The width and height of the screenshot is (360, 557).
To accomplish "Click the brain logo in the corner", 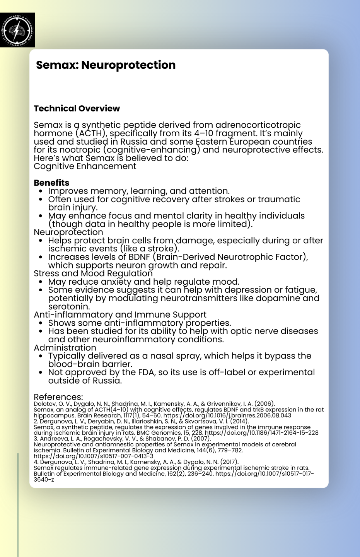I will click(17, 30).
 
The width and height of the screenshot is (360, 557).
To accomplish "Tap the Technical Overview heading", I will click(77, 108).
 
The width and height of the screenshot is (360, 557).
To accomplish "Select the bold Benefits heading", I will click(51, 183).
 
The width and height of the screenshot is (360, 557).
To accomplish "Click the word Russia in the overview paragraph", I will click(137, 142).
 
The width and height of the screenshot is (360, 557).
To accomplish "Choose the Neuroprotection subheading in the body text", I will click(68, 232).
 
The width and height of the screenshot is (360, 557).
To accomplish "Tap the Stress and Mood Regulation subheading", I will click(93, 273).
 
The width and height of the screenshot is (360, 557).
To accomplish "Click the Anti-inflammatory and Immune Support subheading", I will click(120, 314).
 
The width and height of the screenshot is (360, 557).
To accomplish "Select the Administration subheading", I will click(65, 347).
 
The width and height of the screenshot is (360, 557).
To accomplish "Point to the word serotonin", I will click(69, 306).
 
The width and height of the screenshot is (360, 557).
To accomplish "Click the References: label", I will click(58, 397).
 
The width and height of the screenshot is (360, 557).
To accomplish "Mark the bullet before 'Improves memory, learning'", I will click(41, 191).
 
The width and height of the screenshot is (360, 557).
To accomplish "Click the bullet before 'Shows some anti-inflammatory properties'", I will click(41, 323).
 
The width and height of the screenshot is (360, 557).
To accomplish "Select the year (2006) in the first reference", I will click(264, 404).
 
